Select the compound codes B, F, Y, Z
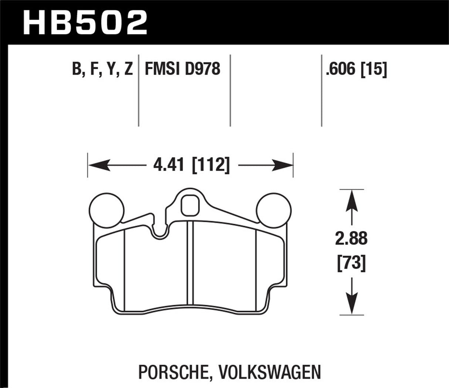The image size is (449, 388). click(102, 70)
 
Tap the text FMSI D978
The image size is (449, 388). click(182, 70)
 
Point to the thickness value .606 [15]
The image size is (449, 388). click(356, 70)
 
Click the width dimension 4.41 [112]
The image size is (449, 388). click(190, 165)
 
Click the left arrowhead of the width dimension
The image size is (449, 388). click(97, 165)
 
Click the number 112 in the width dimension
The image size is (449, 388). click(210, 165)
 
